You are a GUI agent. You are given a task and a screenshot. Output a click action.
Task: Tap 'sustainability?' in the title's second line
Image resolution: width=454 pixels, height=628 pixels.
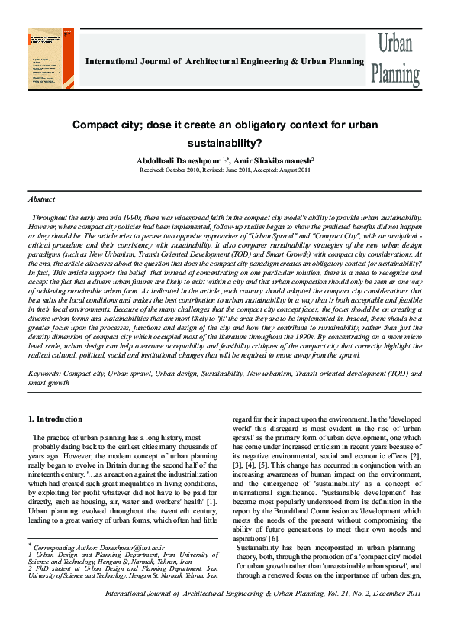coord(227,142)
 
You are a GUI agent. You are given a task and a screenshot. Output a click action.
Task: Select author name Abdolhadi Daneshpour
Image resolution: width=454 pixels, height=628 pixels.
coord(176,160)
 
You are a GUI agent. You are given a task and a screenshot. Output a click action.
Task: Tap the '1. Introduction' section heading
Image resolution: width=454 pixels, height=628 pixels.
coord(55,419)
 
